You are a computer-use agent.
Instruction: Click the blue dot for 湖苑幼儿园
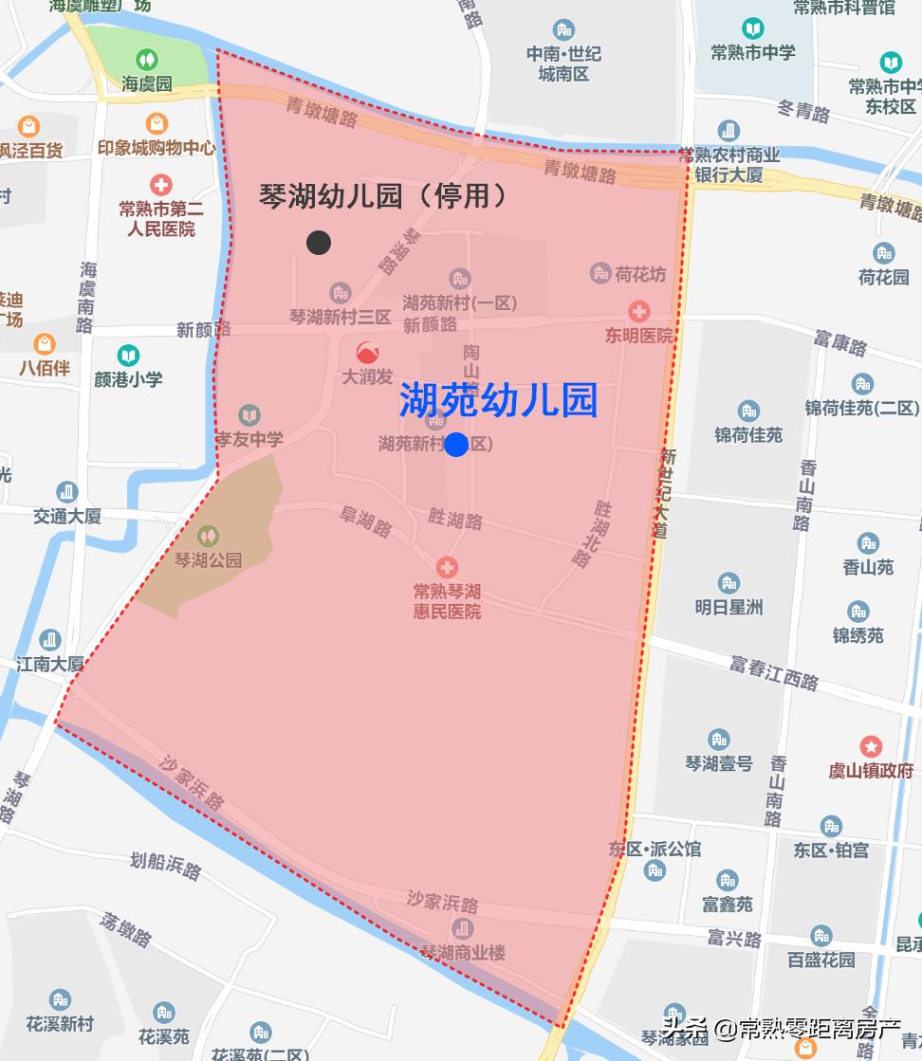point(456,444)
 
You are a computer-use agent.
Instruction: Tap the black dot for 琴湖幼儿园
point(319,243)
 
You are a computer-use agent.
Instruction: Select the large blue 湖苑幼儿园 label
point(498,400)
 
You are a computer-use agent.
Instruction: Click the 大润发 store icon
point(367,352)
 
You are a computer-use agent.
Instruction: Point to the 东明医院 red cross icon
point(639,311)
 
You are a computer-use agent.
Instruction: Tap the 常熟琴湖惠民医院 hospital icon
point(447,567)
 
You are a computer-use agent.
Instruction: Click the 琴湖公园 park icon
point(208,537)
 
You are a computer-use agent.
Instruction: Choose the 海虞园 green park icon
point(147,61)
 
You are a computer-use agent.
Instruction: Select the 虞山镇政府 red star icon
point(871,746)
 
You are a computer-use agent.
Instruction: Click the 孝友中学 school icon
point(249,415)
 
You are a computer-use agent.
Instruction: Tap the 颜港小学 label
point(128,378)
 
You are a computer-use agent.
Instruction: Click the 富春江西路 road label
point(774,672)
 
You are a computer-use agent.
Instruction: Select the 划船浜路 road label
point(166,864)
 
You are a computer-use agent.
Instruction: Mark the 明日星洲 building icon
point(728,582)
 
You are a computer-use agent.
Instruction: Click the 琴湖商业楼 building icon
point(463,928)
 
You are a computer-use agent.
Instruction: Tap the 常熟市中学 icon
point(753,28)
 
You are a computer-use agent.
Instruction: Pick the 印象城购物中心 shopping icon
point(157,123)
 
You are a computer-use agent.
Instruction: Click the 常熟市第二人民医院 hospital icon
point(161,184)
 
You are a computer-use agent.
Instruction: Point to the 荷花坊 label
point(640,275)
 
